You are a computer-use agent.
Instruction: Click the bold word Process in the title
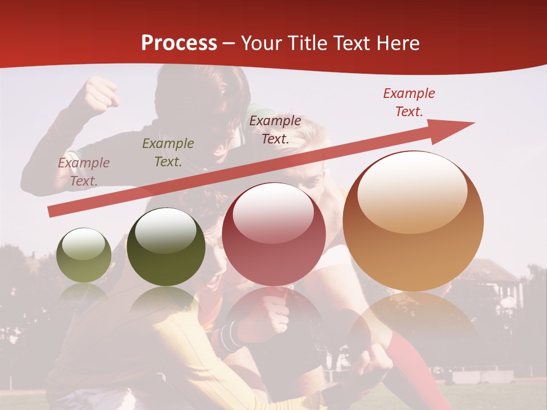[x=179, y=43]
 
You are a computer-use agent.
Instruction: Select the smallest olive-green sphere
[x=84, y=255]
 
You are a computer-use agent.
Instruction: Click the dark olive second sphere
[x=166, y=247]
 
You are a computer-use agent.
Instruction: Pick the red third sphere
[x=273, y=234]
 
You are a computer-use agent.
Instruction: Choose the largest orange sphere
[x=413, y=221]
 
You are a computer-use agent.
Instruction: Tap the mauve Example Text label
[x=84, y=171]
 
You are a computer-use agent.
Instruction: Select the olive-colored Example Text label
[x=168, y=152]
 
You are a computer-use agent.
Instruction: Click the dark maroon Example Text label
[x=275, y=129]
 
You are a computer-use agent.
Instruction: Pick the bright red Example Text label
[x=409, y=102]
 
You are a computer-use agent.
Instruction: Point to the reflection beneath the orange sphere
[x=413, y=325]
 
